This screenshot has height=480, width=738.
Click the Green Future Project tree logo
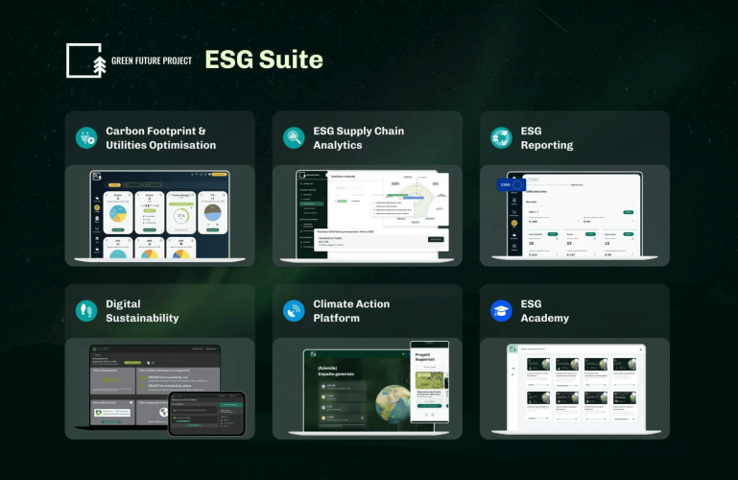click(x=84, y=60)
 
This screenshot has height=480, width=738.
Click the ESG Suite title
click(x=264, y=60)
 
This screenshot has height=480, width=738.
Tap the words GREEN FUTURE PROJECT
click(x=152, y=60)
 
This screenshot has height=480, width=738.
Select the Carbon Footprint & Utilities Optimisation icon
click(x=87, y=137)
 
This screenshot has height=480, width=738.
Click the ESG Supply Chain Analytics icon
click(x=294, y=137)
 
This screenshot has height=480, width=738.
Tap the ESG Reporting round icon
click(x=501, y=137)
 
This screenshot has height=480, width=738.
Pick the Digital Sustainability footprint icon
click(x=87, y=310)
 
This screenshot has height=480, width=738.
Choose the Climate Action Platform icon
click(x=294, y=310)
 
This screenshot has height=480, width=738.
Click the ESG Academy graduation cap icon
click(x=501, y=310)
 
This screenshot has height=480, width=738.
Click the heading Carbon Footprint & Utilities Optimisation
click(x=160, y=137)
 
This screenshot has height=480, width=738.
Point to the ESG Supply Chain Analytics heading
click(x=358, y=137)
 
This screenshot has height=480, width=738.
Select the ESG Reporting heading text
click(x=546, y=137)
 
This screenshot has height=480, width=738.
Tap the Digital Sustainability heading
click(x=142, y=310)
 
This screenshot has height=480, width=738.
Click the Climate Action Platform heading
click(x=351, y=310)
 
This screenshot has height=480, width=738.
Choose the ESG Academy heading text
click(x=544, y=310)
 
